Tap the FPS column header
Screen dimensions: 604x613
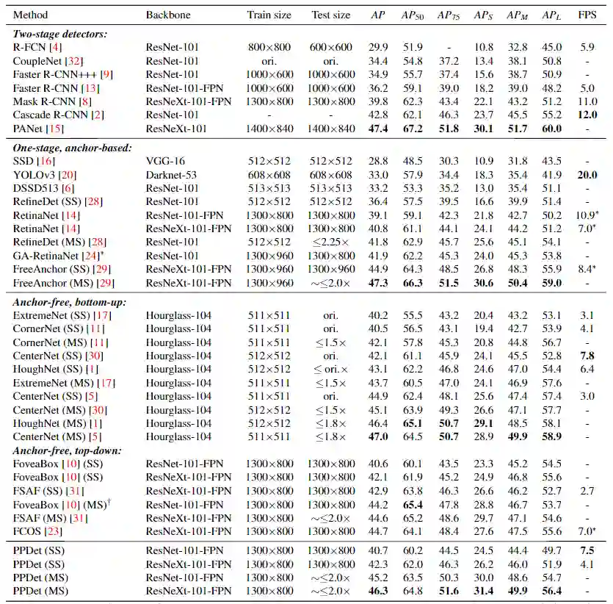tap(587, 15)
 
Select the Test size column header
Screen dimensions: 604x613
tap(330, 15)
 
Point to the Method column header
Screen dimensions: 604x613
tap(30, 15)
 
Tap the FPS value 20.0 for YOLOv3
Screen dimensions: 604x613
tap(587, 175)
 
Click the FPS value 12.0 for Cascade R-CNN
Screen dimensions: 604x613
tap(587, 115)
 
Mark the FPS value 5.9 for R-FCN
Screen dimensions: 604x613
tap(587, 47)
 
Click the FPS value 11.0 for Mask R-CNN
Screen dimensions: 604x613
tap(587, 101)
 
